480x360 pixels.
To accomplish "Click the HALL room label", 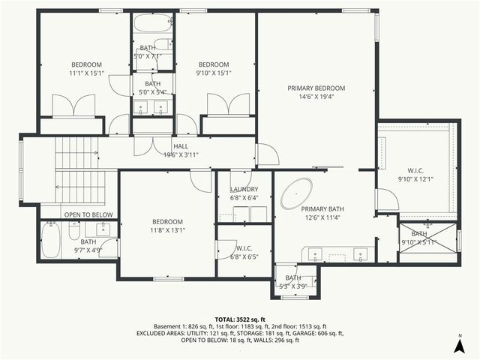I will (181, 146).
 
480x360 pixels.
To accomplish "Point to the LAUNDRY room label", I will (244, 190).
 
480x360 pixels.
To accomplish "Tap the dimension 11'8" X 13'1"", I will (167, 230).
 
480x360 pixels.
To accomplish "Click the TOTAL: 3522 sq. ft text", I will (239, 318).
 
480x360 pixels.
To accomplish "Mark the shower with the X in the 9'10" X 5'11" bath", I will (428, 238).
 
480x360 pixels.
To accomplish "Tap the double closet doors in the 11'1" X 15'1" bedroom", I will (73, 106).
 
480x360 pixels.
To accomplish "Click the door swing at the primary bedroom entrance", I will (267, 154).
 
